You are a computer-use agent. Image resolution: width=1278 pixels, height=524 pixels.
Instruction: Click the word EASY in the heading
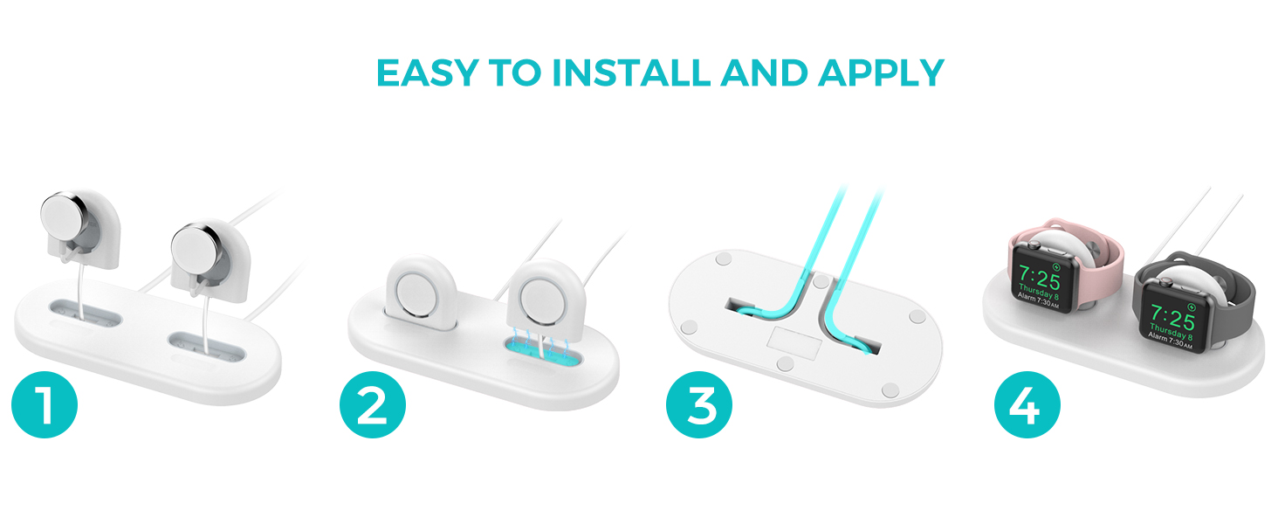pos(427,73)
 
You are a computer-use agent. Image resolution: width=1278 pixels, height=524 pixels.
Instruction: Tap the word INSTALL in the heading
pos(631,73)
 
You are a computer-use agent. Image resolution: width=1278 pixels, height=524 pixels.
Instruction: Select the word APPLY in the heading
pos(882,73)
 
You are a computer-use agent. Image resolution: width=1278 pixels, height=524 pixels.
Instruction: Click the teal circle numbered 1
pos(45,404)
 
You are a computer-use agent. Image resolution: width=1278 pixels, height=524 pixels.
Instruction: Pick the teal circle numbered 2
pos(373,404)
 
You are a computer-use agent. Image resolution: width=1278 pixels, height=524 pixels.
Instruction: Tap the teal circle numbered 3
pos(699,404)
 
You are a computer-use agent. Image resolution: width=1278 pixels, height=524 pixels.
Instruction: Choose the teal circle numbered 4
pos(1027,404)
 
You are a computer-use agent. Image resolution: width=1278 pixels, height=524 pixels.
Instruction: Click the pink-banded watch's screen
pos(1040,280)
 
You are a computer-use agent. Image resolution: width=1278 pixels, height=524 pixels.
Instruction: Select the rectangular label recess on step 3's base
pos(794,343)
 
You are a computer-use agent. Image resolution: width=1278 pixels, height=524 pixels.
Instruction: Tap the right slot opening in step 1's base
pos(207,347)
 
